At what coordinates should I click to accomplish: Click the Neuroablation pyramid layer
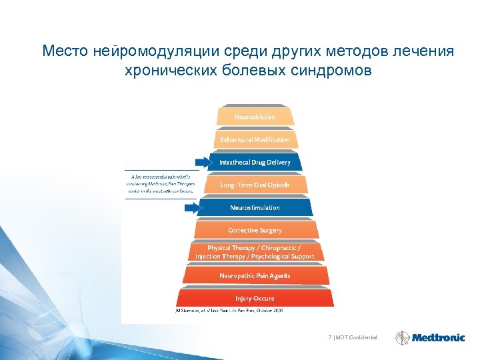click(255, 117)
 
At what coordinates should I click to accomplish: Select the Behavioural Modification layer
click(255, 140)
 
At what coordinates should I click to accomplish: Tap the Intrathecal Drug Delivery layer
click(255, 162)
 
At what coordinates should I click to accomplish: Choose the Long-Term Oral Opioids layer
click(255, 185)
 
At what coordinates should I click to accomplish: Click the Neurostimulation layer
click(255, 207)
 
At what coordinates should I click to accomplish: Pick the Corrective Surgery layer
click(255, 230)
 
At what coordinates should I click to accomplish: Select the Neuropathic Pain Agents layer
click(255, 275)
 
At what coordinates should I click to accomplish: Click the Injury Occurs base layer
click(255, 298)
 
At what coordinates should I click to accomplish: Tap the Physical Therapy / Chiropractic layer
click(255, 252)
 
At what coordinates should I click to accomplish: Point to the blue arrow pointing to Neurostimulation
click(191, 208)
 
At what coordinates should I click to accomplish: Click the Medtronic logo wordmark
click(438, 338)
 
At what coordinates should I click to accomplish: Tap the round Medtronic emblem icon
click(402, 338)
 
